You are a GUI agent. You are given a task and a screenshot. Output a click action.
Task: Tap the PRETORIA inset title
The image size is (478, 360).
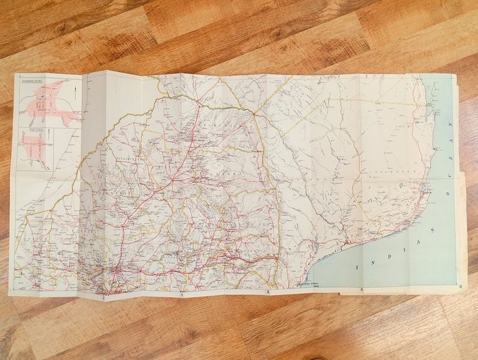click(x=27, y=131)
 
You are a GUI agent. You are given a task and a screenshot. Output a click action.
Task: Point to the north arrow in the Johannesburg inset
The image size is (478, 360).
click(x=74, y=95)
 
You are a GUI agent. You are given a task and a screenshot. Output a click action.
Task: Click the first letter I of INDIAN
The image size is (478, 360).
click(x=357, y=268)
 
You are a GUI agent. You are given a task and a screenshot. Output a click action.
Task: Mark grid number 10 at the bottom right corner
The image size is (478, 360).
click(x=459, y=287)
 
